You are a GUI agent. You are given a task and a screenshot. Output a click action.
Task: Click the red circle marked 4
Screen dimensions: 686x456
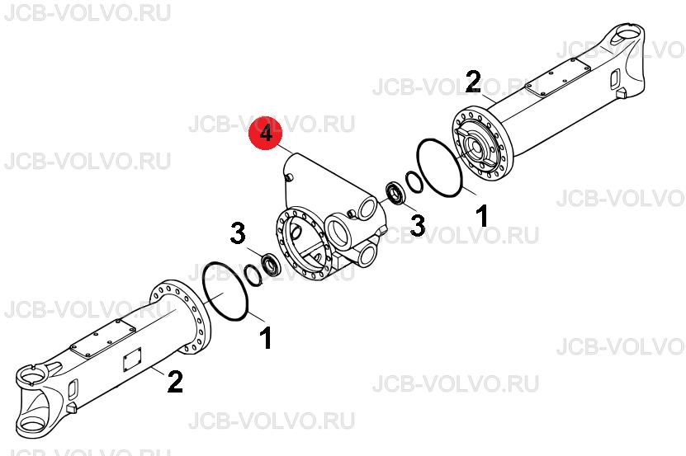(x=266, y=133)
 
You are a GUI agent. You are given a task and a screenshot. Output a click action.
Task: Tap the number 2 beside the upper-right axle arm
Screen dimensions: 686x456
(x=473, y=82)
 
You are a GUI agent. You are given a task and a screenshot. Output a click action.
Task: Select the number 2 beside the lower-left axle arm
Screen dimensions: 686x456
(x=174, y=381)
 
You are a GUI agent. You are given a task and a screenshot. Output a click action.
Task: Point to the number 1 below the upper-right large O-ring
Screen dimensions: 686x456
(x=482, y=216)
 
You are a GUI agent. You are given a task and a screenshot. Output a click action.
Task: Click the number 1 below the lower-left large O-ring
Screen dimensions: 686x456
(x=266, y=338)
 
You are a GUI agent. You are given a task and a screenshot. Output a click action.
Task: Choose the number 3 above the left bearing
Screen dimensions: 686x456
(x=238, y=233)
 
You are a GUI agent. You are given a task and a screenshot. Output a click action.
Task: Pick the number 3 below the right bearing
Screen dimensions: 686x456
(x=417, y=226)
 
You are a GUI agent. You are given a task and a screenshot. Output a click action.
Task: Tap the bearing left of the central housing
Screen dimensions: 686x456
(x=272, y=265)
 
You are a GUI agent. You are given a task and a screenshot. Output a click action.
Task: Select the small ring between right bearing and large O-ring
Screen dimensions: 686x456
(x=414, y=182)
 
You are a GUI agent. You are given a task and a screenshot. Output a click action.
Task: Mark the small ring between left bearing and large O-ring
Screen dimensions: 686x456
(x=253, y=276)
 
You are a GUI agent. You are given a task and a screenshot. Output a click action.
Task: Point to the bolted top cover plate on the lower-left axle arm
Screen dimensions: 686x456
(x=103, y=339)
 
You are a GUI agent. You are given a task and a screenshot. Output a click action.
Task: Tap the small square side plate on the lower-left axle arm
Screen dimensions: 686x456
(x=132, y=360)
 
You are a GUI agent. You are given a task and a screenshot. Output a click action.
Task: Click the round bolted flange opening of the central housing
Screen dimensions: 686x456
(x=301, y=242)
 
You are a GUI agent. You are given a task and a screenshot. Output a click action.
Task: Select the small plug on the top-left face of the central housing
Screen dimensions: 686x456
(x=289, y=176)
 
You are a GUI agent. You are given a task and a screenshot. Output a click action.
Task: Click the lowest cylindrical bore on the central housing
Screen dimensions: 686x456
(x=367, y=256)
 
